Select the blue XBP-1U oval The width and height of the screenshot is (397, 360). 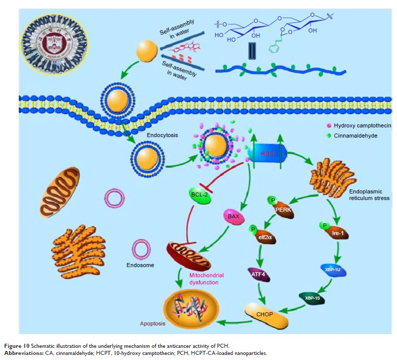(x=333, y=270)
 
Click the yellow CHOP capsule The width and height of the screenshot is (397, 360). (x=266, y=315)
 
